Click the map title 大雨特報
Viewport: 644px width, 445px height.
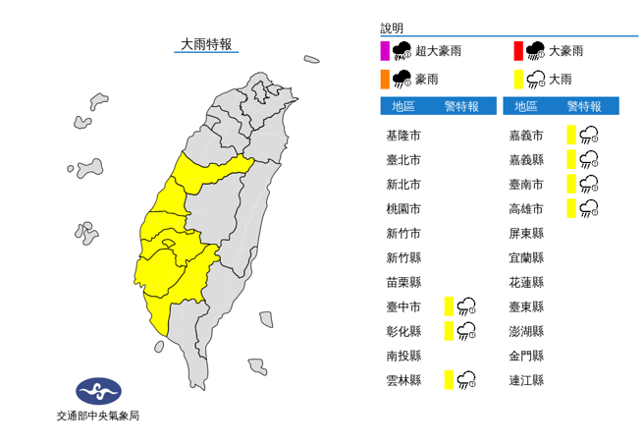[x=205, y=44]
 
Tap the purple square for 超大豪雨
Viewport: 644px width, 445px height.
[x=385, y=51]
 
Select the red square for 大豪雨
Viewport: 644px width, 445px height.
[x=517, y=51]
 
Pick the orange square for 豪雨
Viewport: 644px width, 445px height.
[x=385, y=78]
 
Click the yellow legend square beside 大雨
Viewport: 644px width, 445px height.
[x=517, y=78]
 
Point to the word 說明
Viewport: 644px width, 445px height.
[x=392, y=28]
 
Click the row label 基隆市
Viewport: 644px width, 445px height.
[x=403, y=136]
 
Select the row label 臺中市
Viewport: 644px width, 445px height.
[x=403, y=306]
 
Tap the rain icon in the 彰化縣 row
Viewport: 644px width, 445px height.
[x=466, y=331]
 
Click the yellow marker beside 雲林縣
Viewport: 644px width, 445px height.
[x=448, y=379]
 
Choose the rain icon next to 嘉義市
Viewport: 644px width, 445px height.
[x=589, y=136]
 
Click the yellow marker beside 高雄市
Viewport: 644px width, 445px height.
[x=570, y=208]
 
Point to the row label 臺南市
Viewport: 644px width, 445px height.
[x=525, y=185]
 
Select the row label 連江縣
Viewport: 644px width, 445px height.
[x=525, y=379]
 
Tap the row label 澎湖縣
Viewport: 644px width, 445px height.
[x=525, y=331]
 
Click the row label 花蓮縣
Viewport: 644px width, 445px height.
[x=525, y=282]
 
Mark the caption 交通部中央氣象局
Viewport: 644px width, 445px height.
[x=98, y=417]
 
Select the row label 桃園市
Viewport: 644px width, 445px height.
[x=403, y=209]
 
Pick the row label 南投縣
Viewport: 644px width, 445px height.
[x=403, y=356]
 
